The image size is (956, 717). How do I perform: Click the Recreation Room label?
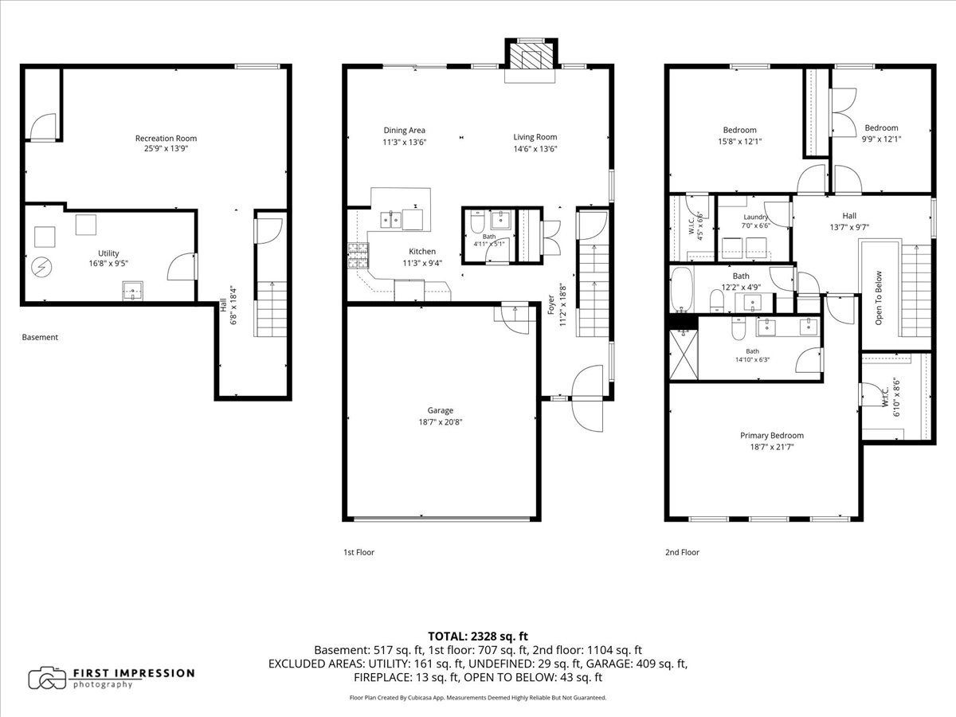click(x=166, y=138)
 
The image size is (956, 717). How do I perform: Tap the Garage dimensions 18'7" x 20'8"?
click(x=440, y=422)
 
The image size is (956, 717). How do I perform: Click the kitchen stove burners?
click(x=358, y=255)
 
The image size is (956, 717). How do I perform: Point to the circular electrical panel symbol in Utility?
click(x=41, y=266)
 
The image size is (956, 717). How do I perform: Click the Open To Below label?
click(x=879, y=298)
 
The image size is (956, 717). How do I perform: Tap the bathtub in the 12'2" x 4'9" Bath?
click(x=681, y=289)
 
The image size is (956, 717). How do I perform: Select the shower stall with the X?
click(x=684, y=355)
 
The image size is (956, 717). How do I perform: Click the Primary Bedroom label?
click(x=772, y=435)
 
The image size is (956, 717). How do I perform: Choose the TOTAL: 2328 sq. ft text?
click(x=478, y=636)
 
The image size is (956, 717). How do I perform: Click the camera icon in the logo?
click(x=47, y=678)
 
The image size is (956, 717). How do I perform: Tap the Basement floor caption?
click(x=40, y=337)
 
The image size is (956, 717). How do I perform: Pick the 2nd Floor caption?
click(x=682, y=552)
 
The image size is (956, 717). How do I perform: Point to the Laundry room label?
click(x=756, y=217)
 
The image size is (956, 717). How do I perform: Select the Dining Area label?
click(x=404, y=130)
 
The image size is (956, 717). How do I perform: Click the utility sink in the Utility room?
click(x=132, y=291)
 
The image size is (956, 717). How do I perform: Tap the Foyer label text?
click(x=551, y=305)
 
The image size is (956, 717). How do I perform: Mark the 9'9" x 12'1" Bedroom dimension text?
click(x=881, y=139)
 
